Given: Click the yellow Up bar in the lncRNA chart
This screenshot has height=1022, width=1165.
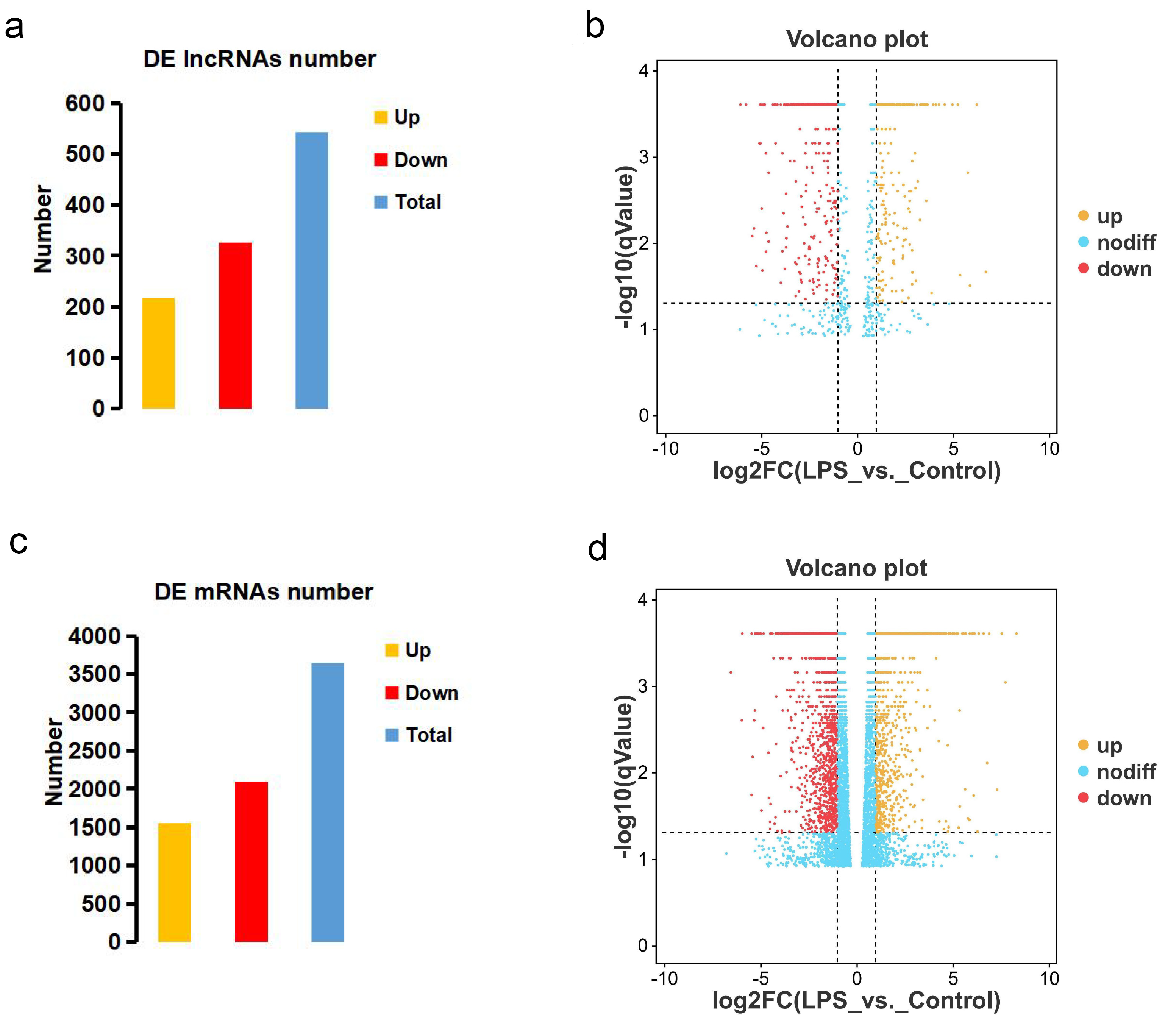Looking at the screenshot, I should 158,353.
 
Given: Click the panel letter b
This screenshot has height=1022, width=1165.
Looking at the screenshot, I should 595,27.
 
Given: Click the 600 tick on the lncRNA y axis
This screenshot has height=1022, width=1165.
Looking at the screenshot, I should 84,104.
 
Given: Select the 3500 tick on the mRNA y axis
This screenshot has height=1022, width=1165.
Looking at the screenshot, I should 94,674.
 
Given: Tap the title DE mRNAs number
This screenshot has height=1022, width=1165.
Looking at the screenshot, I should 264,591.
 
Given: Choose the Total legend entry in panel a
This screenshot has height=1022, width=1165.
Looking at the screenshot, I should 417,202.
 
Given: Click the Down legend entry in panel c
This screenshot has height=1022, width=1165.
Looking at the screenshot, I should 431,693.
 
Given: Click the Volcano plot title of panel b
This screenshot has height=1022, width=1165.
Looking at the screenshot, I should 857,39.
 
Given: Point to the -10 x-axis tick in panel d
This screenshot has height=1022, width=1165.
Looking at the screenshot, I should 665,979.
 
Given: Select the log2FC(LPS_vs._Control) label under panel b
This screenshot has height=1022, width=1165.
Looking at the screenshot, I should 857,471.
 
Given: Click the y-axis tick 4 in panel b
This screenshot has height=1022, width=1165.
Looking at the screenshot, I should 644,71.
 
